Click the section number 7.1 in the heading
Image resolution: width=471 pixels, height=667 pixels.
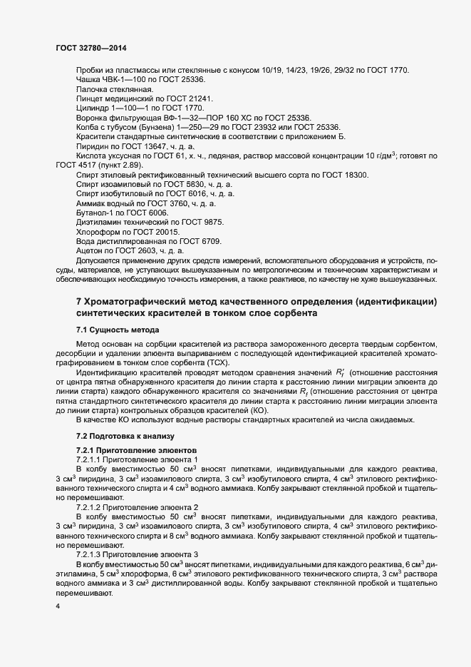[81, 330]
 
